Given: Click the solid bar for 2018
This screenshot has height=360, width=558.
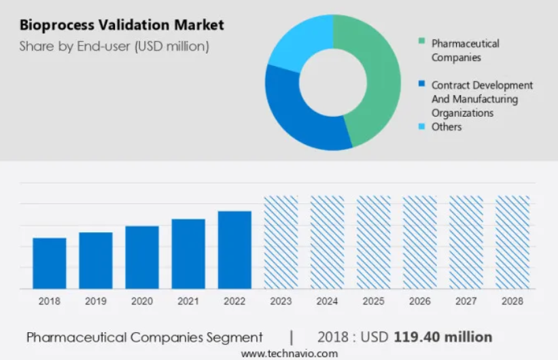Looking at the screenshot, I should (x=50, y=263).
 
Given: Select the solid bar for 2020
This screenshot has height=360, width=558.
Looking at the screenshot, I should (x=142, y=257).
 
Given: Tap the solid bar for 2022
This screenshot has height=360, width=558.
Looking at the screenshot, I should (x=234, y=249).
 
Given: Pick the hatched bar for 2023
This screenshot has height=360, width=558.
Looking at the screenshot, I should (x=281, y=242).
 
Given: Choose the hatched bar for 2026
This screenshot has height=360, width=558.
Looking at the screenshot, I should (x=419, y=242).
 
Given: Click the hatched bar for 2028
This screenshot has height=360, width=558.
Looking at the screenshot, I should (x=512, y=242).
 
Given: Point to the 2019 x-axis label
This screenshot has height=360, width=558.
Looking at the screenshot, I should (x=96, y=301).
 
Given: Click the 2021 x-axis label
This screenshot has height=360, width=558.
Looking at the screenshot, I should (x=188, y=301).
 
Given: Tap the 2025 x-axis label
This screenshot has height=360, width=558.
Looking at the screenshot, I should (x=373, y=301).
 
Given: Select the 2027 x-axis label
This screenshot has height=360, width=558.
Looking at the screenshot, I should (x=466, y=301).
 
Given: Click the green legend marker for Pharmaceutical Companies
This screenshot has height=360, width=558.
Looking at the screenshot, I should (x=422, y=43).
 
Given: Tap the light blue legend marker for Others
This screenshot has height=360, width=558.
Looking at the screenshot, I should (x=422, y=126).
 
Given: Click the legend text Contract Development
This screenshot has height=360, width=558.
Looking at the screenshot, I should (x=482, y=86).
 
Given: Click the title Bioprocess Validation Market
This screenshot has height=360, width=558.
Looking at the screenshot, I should (x=122, y=26).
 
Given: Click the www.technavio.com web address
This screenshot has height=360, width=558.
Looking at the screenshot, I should (x=289, y=353).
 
